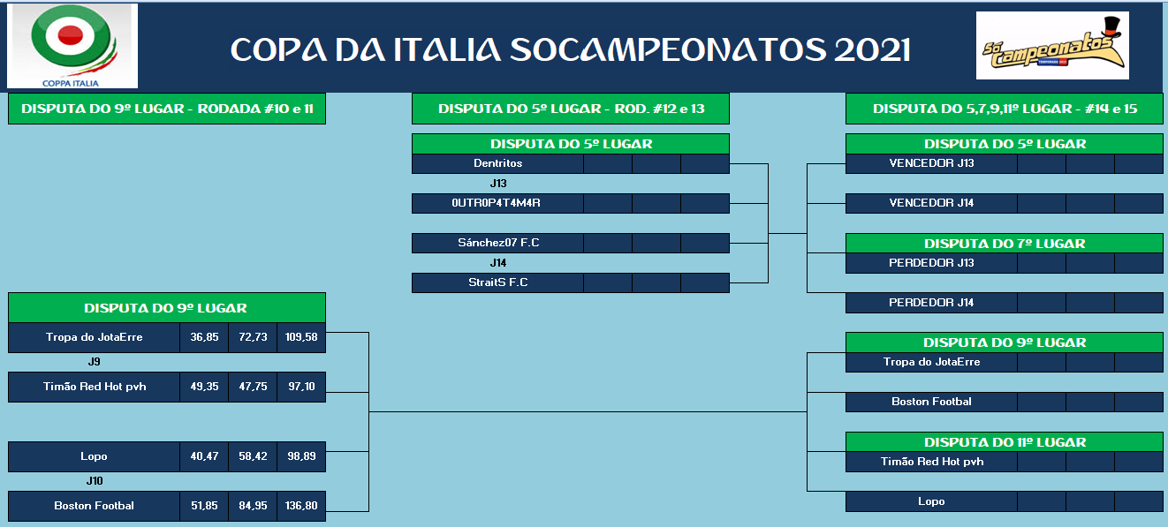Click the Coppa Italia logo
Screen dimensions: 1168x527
pos(72,46)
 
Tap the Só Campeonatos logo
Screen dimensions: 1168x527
pos(1052,45)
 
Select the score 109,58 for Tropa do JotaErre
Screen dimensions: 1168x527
pos(301,337)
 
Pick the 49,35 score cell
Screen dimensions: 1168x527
pos(204,387)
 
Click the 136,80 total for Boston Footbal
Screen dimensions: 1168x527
pos(301,506)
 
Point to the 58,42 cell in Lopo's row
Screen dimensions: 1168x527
pos(253,456)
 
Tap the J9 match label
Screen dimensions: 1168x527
pos(94,361)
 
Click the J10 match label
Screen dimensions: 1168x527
pos(95,480)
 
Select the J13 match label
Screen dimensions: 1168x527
pos(498,184)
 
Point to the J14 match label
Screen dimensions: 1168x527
pos(498,263)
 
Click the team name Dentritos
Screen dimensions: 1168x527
pos(498,163)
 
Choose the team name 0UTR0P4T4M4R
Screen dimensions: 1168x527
pos(496,202)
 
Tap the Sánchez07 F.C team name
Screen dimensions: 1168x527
pos(498,242)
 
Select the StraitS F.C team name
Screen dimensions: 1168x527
pos(498,282)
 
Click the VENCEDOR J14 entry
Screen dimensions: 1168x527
pos(931,202)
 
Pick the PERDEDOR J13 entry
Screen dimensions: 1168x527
pos(931,262)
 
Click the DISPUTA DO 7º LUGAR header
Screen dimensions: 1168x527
pos(1005,243)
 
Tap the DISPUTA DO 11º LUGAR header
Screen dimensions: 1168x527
pos(1005,442)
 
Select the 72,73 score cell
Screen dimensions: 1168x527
pos(253,337)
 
